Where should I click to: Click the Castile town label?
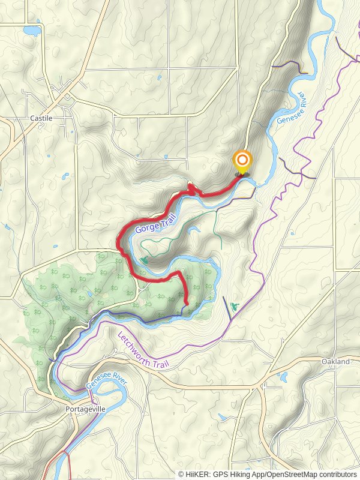(41, 118)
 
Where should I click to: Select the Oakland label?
(335, 362)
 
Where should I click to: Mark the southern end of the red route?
(186, 304)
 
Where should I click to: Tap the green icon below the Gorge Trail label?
(144, 260)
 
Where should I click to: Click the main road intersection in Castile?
(64, 96)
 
